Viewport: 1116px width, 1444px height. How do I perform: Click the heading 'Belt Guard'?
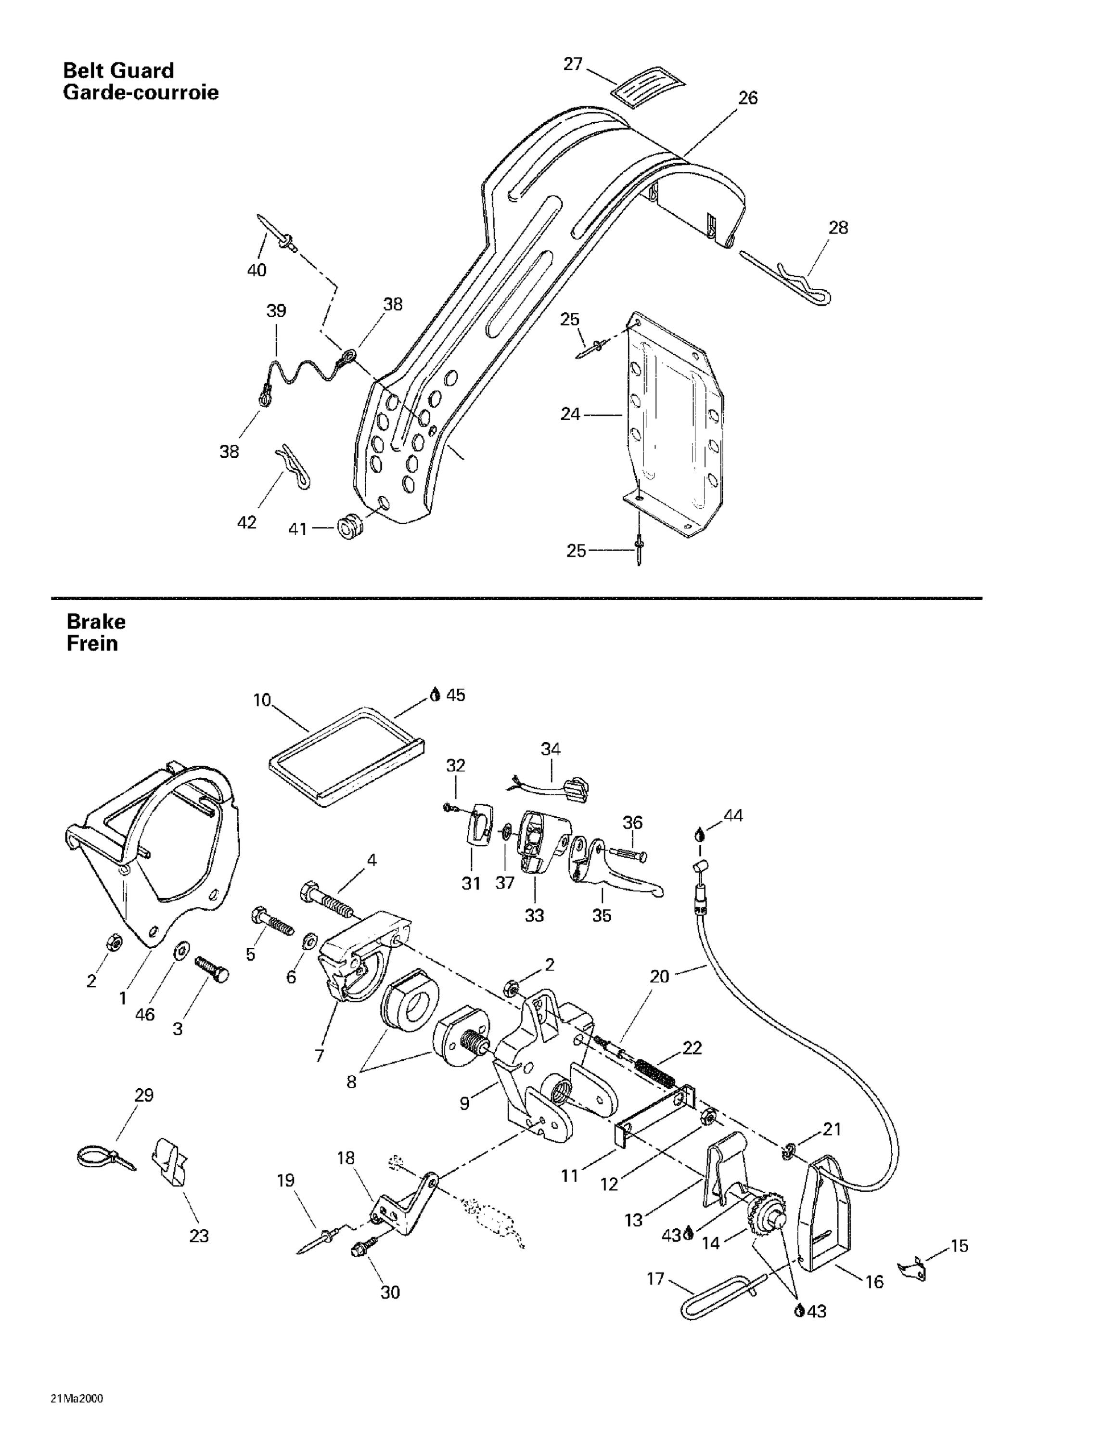(118, 70)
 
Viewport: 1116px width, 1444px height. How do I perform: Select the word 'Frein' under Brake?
(92, 644)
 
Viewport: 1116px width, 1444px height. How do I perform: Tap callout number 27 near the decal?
(573, 64)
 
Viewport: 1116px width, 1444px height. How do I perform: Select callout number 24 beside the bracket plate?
(570, 414)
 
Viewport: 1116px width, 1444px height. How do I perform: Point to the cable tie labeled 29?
(103, 1157)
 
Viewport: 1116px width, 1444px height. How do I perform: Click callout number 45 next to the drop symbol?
(456, 695)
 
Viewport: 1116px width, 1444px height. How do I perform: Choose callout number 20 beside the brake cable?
(659, 976)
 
